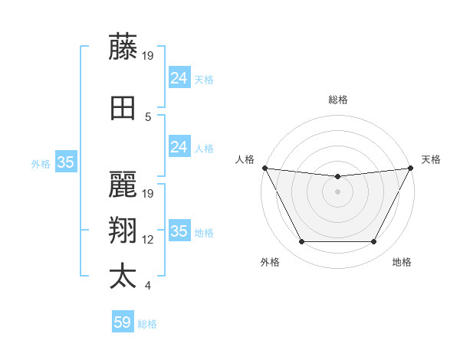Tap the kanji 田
(x=123, y=109)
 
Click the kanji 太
(x=123, y=277)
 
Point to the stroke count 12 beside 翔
(x=149, y=240)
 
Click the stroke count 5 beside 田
(x=149, y=117)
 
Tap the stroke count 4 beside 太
(x=148, y=286)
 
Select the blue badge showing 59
(x=123, y=322)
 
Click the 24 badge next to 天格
(x=179, y=78)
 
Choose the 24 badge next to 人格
(x=179, y=147)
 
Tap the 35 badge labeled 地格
(x=179, y=231)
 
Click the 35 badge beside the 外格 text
(x=66, y=162)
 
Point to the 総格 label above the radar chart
(x=338, y=100)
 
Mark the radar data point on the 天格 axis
(x=411, y=168)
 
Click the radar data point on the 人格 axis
(x=264, y=168)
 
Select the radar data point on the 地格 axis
(x=373, y=242)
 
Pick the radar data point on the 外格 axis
(x=302, y=242)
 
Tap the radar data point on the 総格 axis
(x=337, y=177)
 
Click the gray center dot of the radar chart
(x=337, y=191)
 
